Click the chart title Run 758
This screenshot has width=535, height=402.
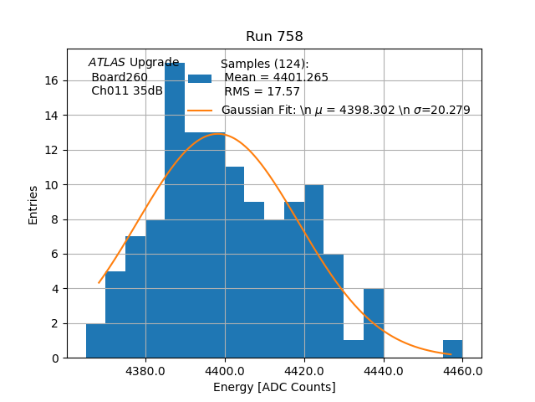[274, 37]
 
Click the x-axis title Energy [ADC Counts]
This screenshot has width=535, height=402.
[274, 387]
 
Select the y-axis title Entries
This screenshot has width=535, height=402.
[33, 204]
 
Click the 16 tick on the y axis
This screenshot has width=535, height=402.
[51, 80]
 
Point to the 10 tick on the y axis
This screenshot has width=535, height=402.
[51, 184]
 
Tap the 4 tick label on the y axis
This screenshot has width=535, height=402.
[54, 288]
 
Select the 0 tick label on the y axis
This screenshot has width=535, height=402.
[54, 358]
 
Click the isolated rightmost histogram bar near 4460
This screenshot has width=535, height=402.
[453, 348]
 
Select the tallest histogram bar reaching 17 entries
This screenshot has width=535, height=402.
[175, 209]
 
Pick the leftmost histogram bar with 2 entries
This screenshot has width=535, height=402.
[95, 341]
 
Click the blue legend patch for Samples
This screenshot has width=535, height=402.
[200, 78]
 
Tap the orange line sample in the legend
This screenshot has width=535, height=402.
[200, 110]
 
